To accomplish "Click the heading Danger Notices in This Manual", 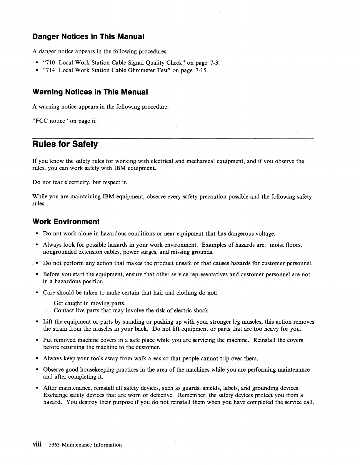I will (88, 37).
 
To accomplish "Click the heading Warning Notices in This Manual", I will (90, 92).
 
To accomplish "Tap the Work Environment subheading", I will (66, 221).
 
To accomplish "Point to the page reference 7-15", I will (201, 70).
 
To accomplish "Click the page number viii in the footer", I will (37, 444).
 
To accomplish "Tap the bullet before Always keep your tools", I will (37, 359).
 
